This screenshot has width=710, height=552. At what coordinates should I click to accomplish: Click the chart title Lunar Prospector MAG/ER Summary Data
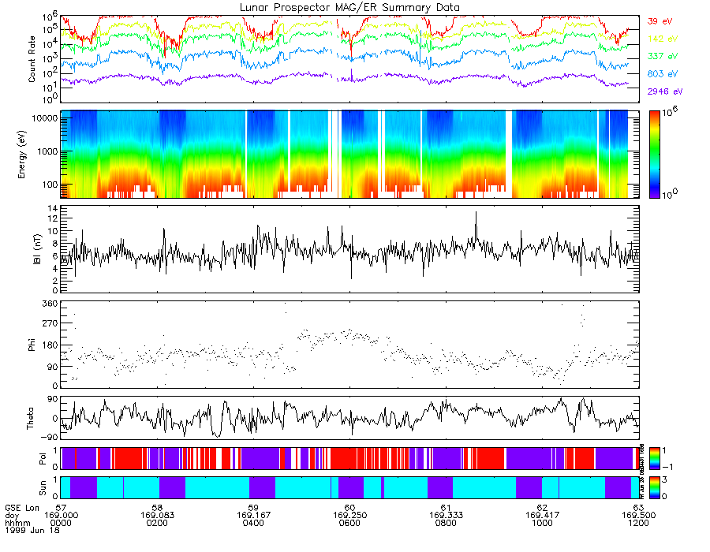click(x=350, y=7)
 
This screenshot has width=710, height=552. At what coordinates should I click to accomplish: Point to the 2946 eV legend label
click(x=663, y=91)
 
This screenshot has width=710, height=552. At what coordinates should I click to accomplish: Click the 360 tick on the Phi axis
click(x=50, y=304)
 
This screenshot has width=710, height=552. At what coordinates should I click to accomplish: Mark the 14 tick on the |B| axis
click(x=52, y=209)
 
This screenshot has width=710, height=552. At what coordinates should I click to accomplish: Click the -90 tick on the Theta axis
click(x=47, y=437)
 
